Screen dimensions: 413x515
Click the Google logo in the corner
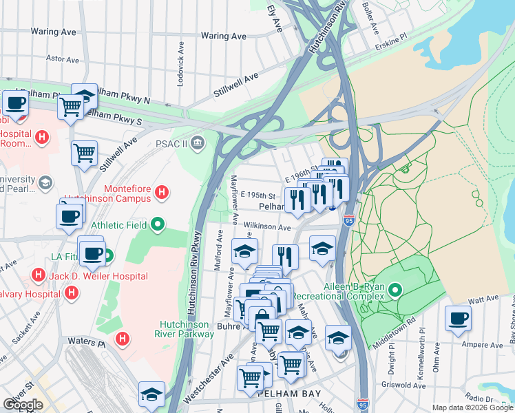click(23, 405)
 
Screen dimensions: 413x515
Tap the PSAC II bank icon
click(198, 143)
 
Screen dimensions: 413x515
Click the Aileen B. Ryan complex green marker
click(395, 290)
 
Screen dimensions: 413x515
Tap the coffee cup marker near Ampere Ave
click(458, 319)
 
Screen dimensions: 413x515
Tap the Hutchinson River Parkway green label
click(187, 329)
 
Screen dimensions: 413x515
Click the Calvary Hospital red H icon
click(72, 295)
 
